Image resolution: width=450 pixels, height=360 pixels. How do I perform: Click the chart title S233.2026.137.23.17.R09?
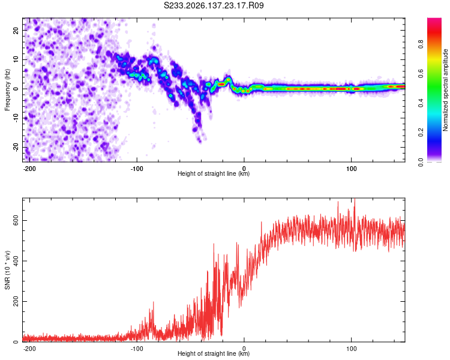pyautogui.click(x=214, y=5)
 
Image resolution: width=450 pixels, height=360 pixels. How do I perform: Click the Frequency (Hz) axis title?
pyautogui.click(x=7, y=90)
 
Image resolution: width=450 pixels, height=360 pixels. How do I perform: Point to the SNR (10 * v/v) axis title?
pyautogui.click(x=7, y=270)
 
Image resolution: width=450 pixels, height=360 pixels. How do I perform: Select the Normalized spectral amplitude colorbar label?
pyautogui.click(x=445, y=90)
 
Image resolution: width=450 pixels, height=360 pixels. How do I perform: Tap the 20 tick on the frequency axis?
pyautogui.click(x=16, y=30)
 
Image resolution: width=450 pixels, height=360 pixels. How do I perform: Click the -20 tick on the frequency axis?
pyautogui.click(x=16, y=147)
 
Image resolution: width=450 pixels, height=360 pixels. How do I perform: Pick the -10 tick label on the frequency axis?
pyautogui.click(x=16, y=118)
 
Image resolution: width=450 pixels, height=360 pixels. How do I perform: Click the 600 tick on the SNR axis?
pyautogui.click(x=16, y=220)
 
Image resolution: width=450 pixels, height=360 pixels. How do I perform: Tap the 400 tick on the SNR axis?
pyautogui.click(x=16, y=260)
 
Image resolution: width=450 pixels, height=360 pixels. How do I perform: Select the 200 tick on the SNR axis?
pyautogui.click(x=16, y=301)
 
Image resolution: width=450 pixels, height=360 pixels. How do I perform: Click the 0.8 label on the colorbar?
pyautogui.click(x=421, y=44)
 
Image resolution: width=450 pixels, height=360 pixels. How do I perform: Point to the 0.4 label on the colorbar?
pyautogui.click(x=421, y=103)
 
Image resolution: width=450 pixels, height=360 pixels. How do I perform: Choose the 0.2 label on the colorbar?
pyautogui.click(x=421, y=133)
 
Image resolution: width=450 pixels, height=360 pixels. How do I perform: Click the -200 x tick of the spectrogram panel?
pyautogui.click(x=29, y=169)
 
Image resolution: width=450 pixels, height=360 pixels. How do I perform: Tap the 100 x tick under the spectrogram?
pyautogui.click(x=351, y=169)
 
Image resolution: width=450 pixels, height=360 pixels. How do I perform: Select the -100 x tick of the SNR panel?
pyautogui.click(x=137, y=349)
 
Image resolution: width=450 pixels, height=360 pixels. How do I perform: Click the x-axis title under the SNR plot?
pyautogui.click(x=214, y=353)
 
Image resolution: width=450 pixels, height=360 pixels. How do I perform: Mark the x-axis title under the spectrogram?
pyautogui.click(x=214, y=173)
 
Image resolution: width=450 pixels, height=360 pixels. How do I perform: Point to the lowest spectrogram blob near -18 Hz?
pyautogui.click(x=200, y=140)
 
